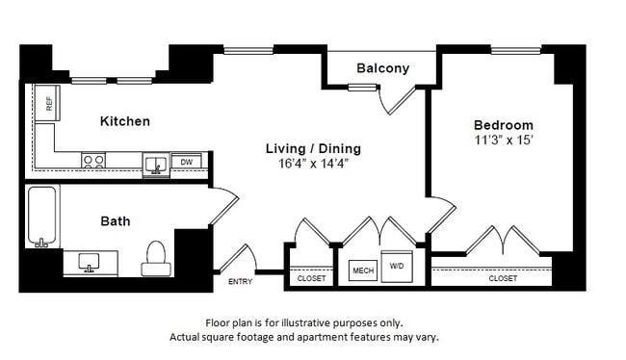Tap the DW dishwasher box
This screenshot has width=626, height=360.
189,163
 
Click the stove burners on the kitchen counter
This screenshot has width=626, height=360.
93,162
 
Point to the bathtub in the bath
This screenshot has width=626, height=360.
42,218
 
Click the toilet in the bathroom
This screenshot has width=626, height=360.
155,256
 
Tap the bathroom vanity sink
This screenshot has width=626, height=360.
91,261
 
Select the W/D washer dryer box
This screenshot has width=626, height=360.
396,266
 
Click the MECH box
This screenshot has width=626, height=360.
362,270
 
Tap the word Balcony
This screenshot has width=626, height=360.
382,68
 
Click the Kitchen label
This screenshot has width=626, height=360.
125,121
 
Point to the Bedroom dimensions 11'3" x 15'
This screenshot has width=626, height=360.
502,141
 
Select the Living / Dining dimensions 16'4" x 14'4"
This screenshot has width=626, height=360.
313,165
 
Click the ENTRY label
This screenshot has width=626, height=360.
240,282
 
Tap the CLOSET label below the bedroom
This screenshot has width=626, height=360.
502,278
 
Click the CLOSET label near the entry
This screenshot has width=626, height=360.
311,278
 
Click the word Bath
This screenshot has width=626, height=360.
116,221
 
